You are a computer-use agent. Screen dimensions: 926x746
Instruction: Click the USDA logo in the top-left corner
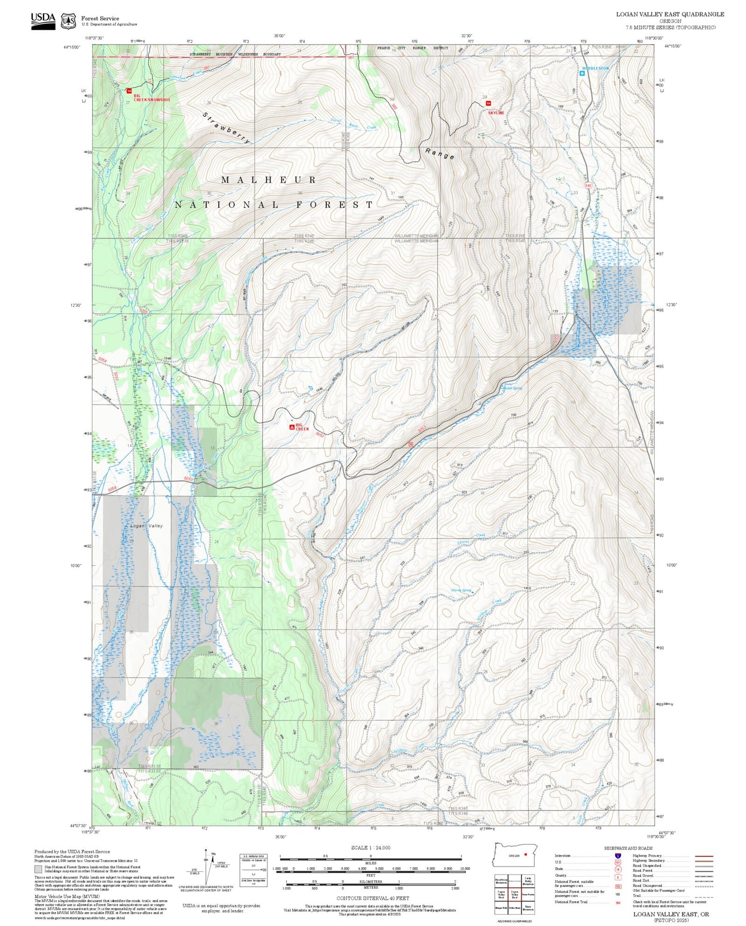click(x=43, y=21)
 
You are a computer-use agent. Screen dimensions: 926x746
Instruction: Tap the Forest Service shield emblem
click(x=68, y=21)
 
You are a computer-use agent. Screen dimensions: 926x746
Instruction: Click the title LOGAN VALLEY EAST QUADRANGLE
click(x=670, y=14)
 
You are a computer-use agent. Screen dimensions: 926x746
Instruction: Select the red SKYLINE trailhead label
click(x=496, y=113)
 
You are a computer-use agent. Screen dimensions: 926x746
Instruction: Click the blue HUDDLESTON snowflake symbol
click(x=582, y=74)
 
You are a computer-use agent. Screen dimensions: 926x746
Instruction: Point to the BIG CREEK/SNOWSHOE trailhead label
click(x=151, y=98)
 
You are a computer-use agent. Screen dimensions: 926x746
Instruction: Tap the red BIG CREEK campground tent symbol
click(x=292, y=427)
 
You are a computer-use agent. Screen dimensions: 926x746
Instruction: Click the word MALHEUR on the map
click(x=268, y=180)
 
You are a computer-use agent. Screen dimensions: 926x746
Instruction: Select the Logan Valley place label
click(x=146, y=525)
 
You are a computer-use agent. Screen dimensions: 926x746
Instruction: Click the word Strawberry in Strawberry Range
click(x=226, y=127)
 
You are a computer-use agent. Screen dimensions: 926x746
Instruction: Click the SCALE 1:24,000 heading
click(x=370, y=848)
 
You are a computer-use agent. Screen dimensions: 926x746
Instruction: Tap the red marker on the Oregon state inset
click(x=526, y=854)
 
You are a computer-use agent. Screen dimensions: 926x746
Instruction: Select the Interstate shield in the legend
click(x=617, y=856)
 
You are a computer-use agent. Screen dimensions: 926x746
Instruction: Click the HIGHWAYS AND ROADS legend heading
click(x=628, y=848)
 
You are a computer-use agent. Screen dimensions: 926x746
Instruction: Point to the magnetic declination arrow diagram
click(x=206, y=867)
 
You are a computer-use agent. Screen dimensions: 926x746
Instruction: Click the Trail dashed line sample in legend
click(x=704, y=896)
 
